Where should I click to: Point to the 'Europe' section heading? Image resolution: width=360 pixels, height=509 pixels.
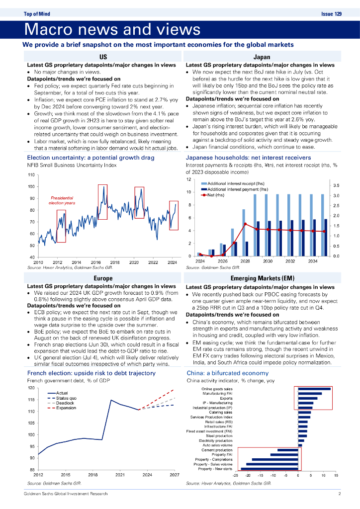[x=103, y=278]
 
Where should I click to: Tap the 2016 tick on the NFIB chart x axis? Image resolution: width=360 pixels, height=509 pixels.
[x=95, y=262]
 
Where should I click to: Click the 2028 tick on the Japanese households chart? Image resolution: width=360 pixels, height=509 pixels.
[x=245, y=261]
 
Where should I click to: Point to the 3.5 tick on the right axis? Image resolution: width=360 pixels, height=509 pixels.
[x=336, y=185]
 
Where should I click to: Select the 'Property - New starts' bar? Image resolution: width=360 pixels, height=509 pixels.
[x=269, y=469]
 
